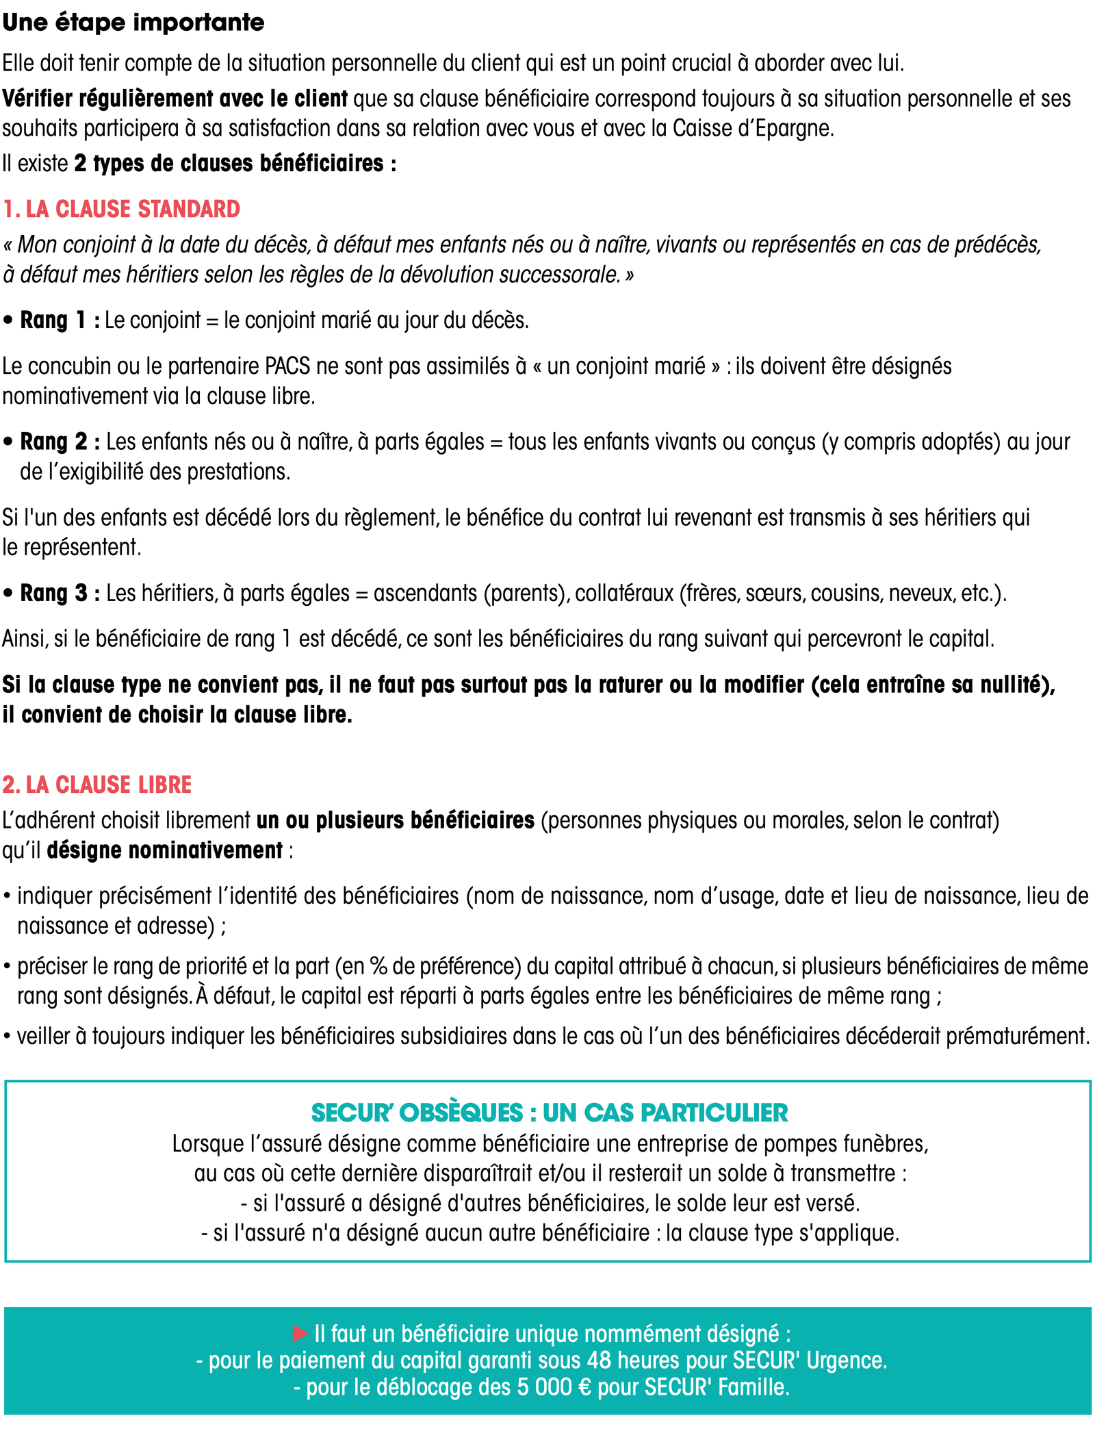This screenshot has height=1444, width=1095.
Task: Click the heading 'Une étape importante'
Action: point(133,23)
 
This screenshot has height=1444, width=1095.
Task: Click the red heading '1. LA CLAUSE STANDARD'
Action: point(122,209)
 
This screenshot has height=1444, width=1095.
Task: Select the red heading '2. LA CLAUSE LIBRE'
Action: point(97,785)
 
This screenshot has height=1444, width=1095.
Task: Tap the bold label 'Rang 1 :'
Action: point(60,320)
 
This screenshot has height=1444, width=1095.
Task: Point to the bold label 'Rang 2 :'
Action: point(60,442)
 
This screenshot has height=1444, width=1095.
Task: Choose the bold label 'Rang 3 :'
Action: point(60,593)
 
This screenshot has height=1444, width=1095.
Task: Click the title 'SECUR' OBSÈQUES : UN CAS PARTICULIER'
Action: point(549,1113)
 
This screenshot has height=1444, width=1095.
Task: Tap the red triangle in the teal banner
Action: point(300,1333)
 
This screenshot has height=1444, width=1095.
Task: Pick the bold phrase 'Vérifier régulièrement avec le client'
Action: point(175,99)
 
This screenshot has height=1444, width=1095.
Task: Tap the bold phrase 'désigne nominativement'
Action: point(164,850)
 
